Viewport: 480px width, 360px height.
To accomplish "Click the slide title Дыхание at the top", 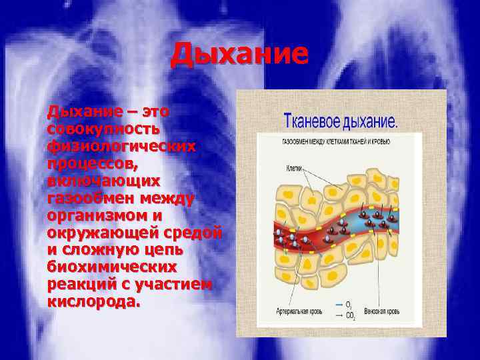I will [239, 55].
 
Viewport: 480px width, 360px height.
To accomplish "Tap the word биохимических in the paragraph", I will [112, 267].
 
